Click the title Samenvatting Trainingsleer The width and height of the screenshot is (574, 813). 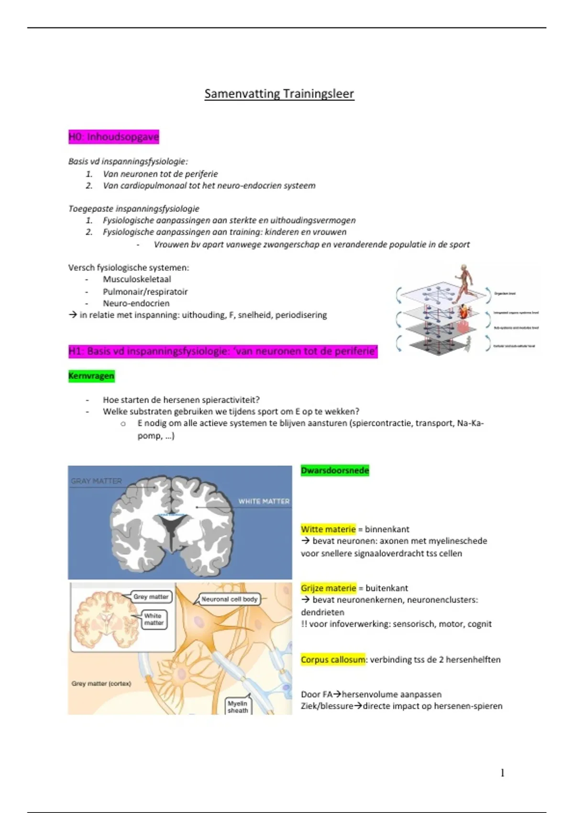(x=279, y=93)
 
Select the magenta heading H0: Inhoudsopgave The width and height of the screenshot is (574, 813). (x=113, y=137)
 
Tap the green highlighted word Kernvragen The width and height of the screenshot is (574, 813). (x=91, y=376)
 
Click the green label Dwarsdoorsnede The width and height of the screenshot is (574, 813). (x=335, y=471)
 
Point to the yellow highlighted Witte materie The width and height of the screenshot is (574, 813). (x=328, y=529)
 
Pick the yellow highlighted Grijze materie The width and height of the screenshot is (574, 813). (x=329, y=588)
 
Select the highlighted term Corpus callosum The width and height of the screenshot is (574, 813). (x=333, y=659)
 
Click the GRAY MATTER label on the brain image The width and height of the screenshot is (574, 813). (x=96, y=481)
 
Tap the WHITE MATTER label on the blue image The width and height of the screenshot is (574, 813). (x=264, y=501)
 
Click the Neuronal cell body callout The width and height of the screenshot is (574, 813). (x=230, y=599)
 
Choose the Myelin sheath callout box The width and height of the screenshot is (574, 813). (x=238, y=707)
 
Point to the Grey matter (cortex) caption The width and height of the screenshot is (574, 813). (x=101, y=683)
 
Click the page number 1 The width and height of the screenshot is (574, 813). (x=502, y=773)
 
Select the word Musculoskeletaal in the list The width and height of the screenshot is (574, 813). (x=137, y=279)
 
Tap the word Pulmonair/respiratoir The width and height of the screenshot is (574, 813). (x=145, y=292)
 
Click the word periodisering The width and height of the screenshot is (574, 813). (x=301, y=315)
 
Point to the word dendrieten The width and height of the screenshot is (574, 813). (x=322, y=612)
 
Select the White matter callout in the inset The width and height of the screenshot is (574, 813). (x=154, y=619)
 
